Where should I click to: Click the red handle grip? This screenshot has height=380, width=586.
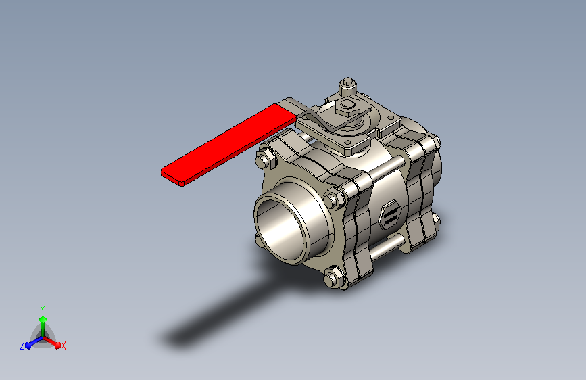point(228,145)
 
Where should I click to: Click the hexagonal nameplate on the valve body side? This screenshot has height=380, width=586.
point(389,216)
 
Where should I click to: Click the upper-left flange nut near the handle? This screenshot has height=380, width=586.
point(266,159)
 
